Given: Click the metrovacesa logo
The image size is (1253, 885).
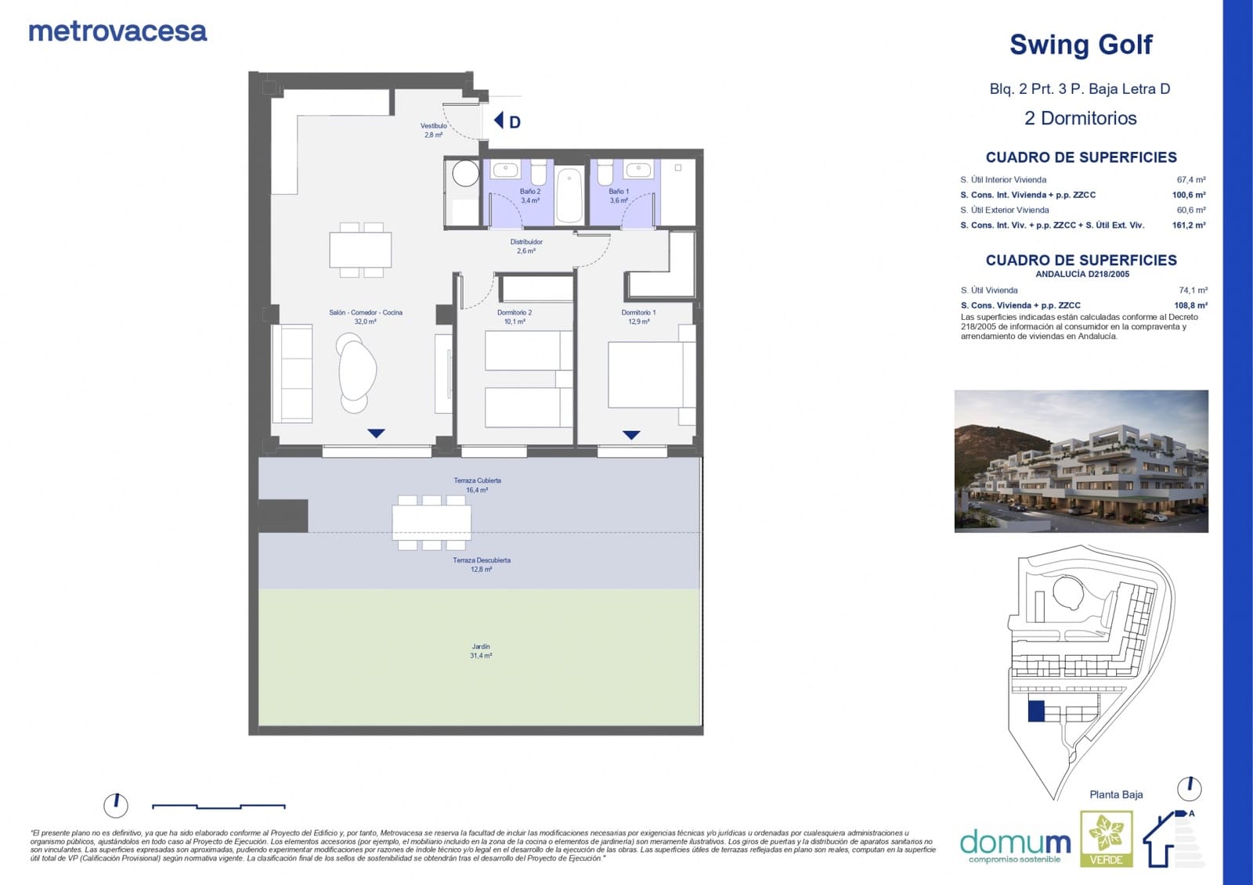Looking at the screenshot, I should (x=117, y=31).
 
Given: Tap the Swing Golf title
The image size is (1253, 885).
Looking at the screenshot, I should (x=1080, y=45).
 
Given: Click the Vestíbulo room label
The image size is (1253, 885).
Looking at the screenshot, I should (x=433, y=130).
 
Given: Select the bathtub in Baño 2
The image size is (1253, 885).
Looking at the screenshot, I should (x=569, y=195).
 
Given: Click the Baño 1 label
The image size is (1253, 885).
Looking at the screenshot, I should (x=619, y=195).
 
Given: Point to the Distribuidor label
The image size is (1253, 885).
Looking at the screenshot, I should (x=526, y=246).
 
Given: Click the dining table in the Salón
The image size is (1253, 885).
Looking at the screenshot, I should (x=360, y=250).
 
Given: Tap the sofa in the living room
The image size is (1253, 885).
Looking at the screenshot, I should (x=292, y=373).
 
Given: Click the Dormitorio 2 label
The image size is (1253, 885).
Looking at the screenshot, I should (x=515, y=316).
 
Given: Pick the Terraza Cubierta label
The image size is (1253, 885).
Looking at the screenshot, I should (x=477, y=484).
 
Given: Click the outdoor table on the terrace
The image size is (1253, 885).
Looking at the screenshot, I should (x=432, y=522).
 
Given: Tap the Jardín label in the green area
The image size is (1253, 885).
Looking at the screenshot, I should (x=481, y=651).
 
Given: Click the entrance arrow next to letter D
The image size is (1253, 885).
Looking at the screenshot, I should (x=498, y=121).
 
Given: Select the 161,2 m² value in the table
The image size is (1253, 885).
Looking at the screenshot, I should (x=1188, y=225).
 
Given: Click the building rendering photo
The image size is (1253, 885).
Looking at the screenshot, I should (x=1081, y=461).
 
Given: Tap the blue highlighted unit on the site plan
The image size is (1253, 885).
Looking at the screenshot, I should (x=1036, y=711).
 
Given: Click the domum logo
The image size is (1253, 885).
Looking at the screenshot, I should (x=1016, y=844).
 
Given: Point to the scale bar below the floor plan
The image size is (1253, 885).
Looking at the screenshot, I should (x=218, y=805).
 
